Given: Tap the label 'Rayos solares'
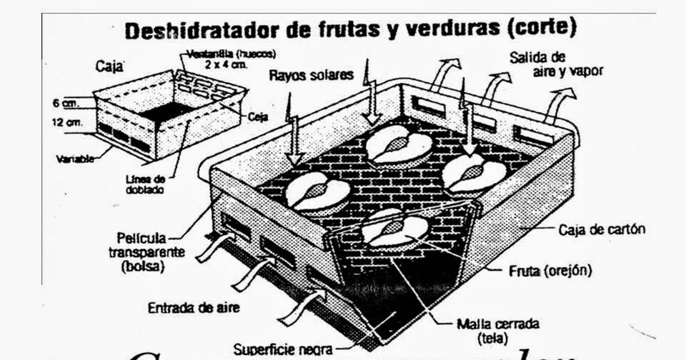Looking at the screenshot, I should click(311, 74).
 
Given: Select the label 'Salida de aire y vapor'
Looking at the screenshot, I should click(567, 64).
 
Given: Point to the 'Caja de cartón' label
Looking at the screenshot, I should click(602, 230).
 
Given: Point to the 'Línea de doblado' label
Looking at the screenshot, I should click(149, 184).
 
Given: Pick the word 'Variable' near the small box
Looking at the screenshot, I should click(75, 159).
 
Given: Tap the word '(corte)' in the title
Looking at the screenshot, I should click(542, 29).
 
